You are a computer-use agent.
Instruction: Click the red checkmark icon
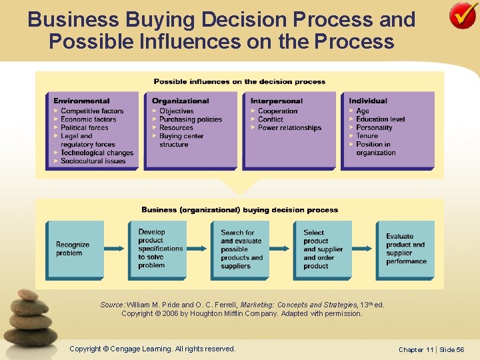(463, 17)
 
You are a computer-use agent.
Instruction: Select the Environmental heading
(81, 101)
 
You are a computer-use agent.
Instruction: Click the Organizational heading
(180, 101)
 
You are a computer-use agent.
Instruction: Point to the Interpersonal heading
(277, 101)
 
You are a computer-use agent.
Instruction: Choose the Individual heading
(367, 101)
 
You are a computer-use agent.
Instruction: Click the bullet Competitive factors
(92, 111)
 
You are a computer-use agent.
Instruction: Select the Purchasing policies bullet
(191, 119)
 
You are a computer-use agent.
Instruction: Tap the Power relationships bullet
(289, 128)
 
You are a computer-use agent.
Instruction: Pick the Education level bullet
(380, 119)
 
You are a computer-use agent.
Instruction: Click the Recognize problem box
(74, 249)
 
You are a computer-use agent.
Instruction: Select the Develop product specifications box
(157, 249)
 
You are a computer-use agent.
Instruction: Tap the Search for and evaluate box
(240, 249)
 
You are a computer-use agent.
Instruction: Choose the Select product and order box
(323, 249)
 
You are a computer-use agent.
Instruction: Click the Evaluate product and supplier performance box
(405, 249)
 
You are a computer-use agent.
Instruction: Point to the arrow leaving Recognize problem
(115, 249)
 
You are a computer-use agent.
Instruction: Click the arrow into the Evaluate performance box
(363, 249)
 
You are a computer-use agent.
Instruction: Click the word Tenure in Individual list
(367, 136)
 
